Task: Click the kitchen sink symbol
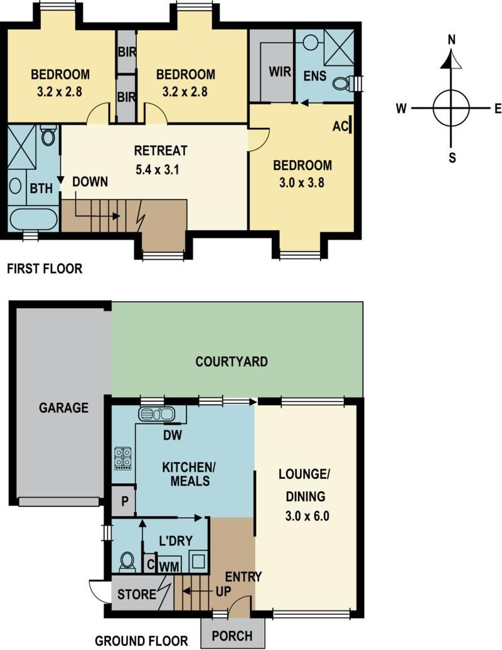(x=156, y=413)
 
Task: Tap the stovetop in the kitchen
(x=123, y=458)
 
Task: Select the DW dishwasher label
(x=173, y=435)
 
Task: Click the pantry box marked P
(x=124, y=501)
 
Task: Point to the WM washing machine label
(x=170, y=567)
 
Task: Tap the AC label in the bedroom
(x=341, y=127)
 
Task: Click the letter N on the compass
(x=452, y=40)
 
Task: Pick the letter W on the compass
(x=401, y=109)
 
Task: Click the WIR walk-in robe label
(x=280, y=72)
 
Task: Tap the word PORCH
(x=232, y=636)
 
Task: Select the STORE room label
(x=137, y=594)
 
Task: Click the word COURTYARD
(x=232, y=361)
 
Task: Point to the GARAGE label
(x=64, y=408)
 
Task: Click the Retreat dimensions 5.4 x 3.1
(x=157, y=170)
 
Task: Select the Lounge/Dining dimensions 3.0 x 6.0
(x=307, y=516)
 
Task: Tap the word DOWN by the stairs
(x=90, y=181)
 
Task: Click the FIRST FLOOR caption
(x=45, y=269)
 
